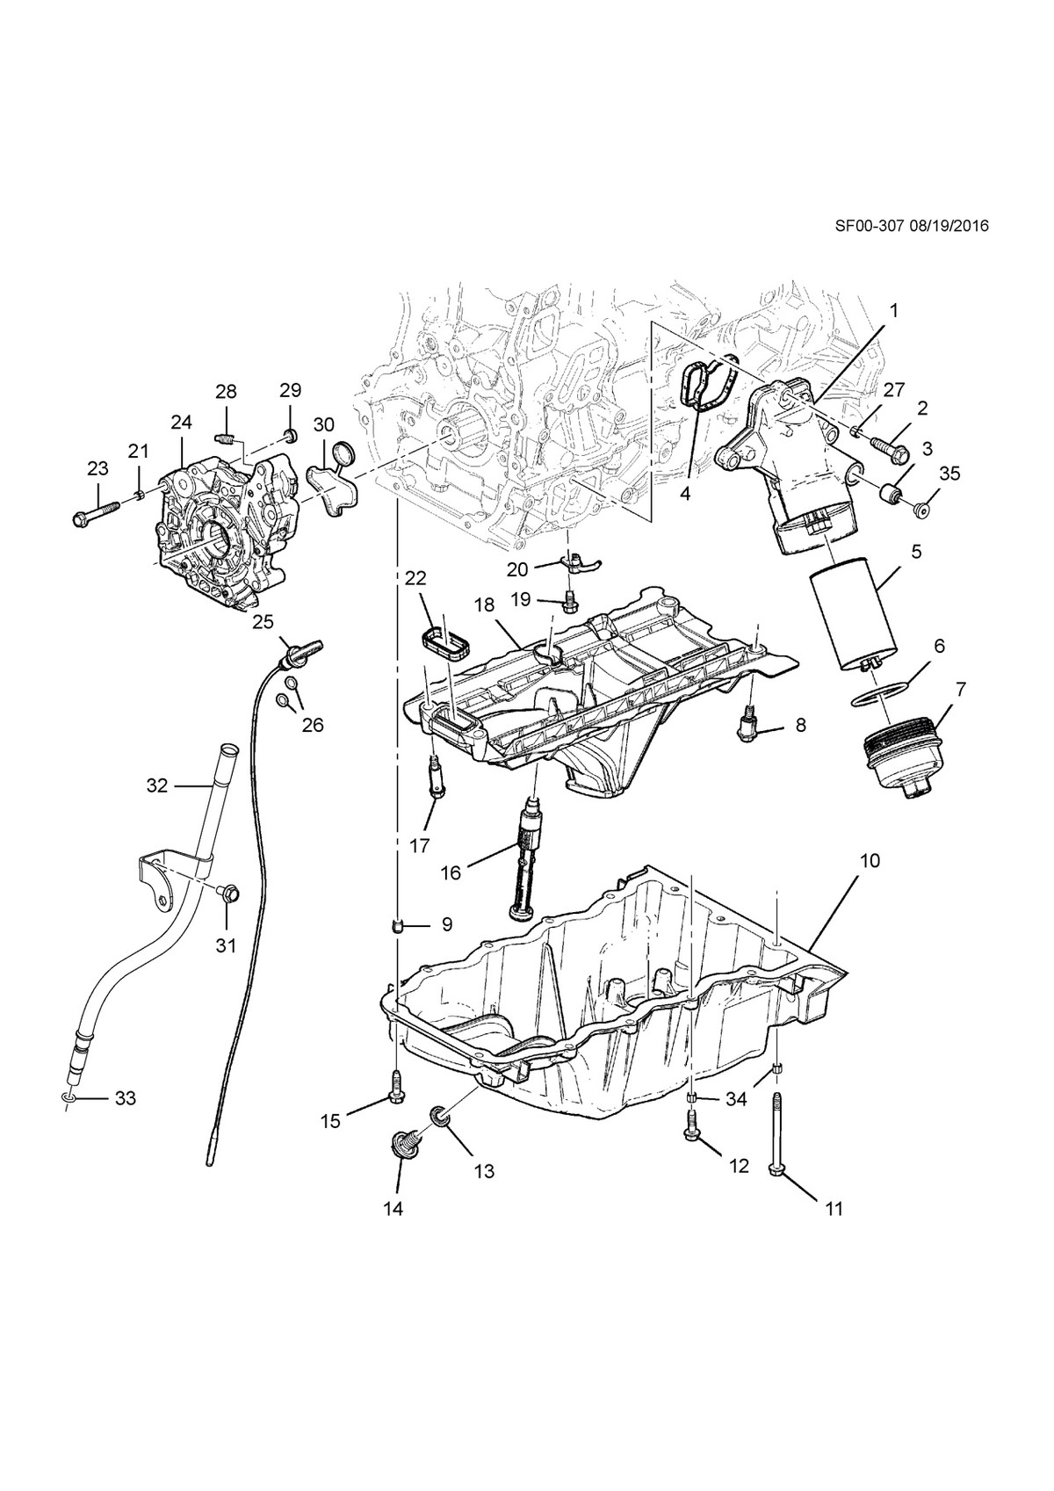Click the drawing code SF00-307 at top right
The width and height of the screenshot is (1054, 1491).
(x=870, y=227)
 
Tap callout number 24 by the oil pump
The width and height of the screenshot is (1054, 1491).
(x=181, y=422)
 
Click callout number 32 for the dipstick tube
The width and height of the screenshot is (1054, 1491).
(x=157, y=785)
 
